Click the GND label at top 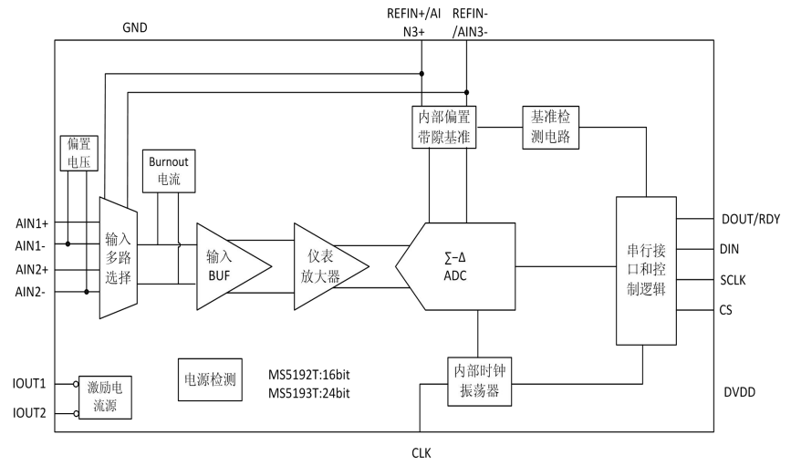pos(135,27)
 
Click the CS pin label pos(727,311)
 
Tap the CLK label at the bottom pos(421,452)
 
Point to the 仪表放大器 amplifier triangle pos(327,266)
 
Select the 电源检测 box pos(211,379)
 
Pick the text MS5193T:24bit pos(309,393)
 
